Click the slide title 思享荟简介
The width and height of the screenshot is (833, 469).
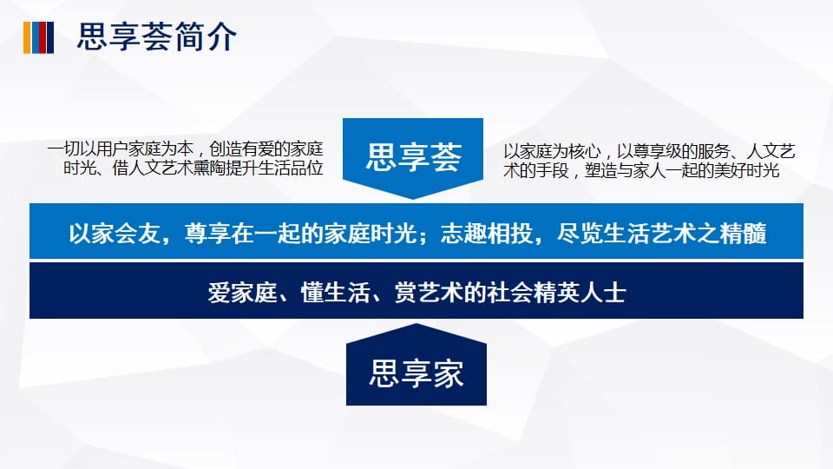[157, 36]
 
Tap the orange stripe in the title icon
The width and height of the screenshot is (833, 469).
[27, 37]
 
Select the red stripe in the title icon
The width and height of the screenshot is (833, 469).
[43, 37]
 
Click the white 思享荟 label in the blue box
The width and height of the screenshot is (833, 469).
[413, 157]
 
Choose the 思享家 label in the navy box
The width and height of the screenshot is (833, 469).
[416, 373]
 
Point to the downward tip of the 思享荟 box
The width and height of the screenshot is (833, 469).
[413, 199]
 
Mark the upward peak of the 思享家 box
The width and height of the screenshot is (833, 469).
[416, 324]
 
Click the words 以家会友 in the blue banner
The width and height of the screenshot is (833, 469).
[115, 234]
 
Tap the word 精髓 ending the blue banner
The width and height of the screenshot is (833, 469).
[744, 234]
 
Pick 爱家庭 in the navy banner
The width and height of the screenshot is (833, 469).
[242, 293]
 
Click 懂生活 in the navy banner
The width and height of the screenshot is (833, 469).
[335, 293]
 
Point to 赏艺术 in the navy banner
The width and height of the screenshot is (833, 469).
[429, 293]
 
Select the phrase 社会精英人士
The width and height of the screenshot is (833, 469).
[557, 293]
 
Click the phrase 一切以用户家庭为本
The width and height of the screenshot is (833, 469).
[121, 149]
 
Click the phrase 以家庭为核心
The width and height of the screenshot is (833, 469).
[552, 151]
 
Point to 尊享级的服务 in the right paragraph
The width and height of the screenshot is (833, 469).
[682, 151]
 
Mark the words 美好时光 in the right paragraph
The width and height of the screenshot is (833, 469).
[746, 170]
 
